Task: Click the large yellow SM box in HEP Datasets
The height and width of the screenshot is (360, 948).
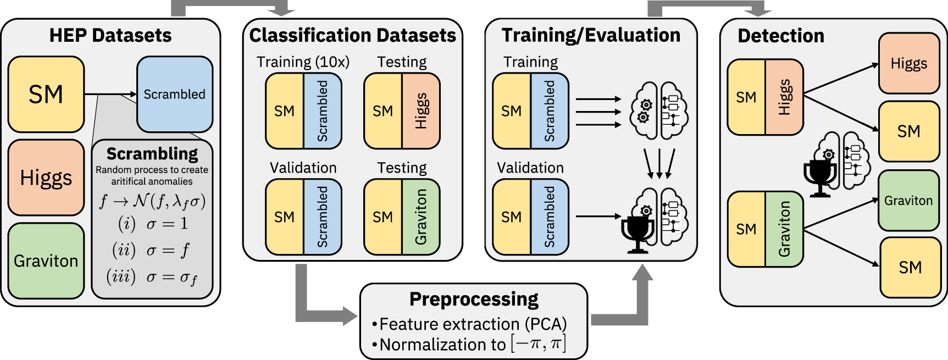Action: click(x=46, y=95)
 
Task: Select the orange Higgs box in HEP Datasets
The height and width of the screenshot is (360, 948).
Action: click(x=46, y=178)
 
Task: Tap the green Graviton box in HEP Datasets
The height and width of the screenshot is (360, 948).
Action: click(x=46, y=261)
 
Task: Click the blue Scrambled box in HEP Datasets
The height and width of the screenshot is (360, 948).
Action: click(x=174, y=95)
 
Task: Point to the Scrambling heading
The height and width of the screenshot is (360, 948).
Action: click(x=152, y=153)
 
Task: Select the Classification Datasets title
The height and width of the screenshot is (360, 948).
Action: click(x=352, y=35)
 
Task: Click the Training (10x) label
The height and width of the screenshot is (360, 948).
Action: click(x=303, y=62)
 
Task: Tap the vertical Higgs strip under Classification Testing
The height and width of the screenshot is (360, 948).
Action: click(x=421, y=111)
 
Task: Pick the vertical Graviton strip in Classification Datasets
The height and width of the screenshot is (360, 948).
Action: click(x=421, y=217)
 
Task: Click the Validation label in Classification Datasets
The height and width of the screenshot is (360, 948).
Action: click(x=303, y=168)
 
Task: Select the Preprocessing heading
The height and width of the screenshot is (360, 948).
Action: click(x=474, y=299)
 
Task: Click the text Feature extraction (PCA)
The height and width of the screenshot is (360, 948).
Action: click(x=473, y=324)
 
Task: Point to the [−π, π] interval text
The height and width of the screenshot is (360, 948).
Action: click(x=538, y=344)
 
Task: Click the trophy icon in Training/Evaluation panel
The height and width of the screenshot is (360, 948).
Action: click(x=637, y=234)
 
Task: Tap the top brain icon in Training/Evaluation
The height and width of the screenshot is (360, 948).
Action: click(x=658, y=110)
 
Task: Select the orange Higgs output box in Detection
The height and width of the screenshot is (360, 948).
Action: click(x=909, y=63)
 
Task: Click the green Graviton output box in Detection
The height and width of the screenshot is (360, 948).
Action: click(x=908, y=201)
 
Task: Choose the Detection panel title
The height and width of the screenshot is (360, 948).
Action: click(x=781, y=36)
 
